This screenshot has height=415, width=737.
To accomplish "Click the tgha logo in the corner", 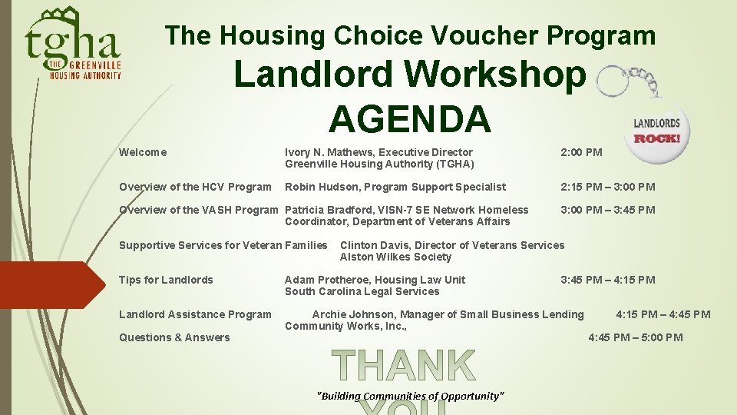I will click(73, 44).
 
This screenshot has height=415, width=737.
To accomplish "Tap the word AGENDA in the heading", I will click(409, 118).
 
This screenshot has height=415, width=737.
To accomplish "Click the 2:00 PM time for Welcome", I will click(581, 152).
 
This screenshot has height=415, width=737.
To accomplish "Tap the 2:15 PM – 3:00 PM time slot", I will click(607, 187).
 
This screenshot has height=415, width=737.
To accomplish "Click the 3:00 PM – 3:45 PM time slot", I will click(607, 210).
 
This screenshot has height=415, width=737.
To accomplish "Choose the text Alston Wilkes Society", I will click(395, 257).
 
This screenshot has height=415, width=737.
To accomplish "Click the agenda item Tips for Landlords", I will click(166, 280).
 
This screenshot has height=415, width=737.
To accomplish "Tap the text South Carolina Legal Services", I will click(362, 291).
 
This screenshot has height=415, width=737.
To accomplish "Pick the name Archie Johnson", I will click(349, 314).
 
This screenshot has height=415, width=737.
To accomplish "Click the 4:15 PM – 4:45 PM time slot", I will click(663, 314).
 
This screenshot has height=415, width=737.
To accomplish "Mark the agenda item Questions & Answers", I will click(174, 337).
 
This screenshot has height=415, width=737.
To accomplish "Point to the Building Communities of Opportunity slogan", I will click(411, 396).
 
